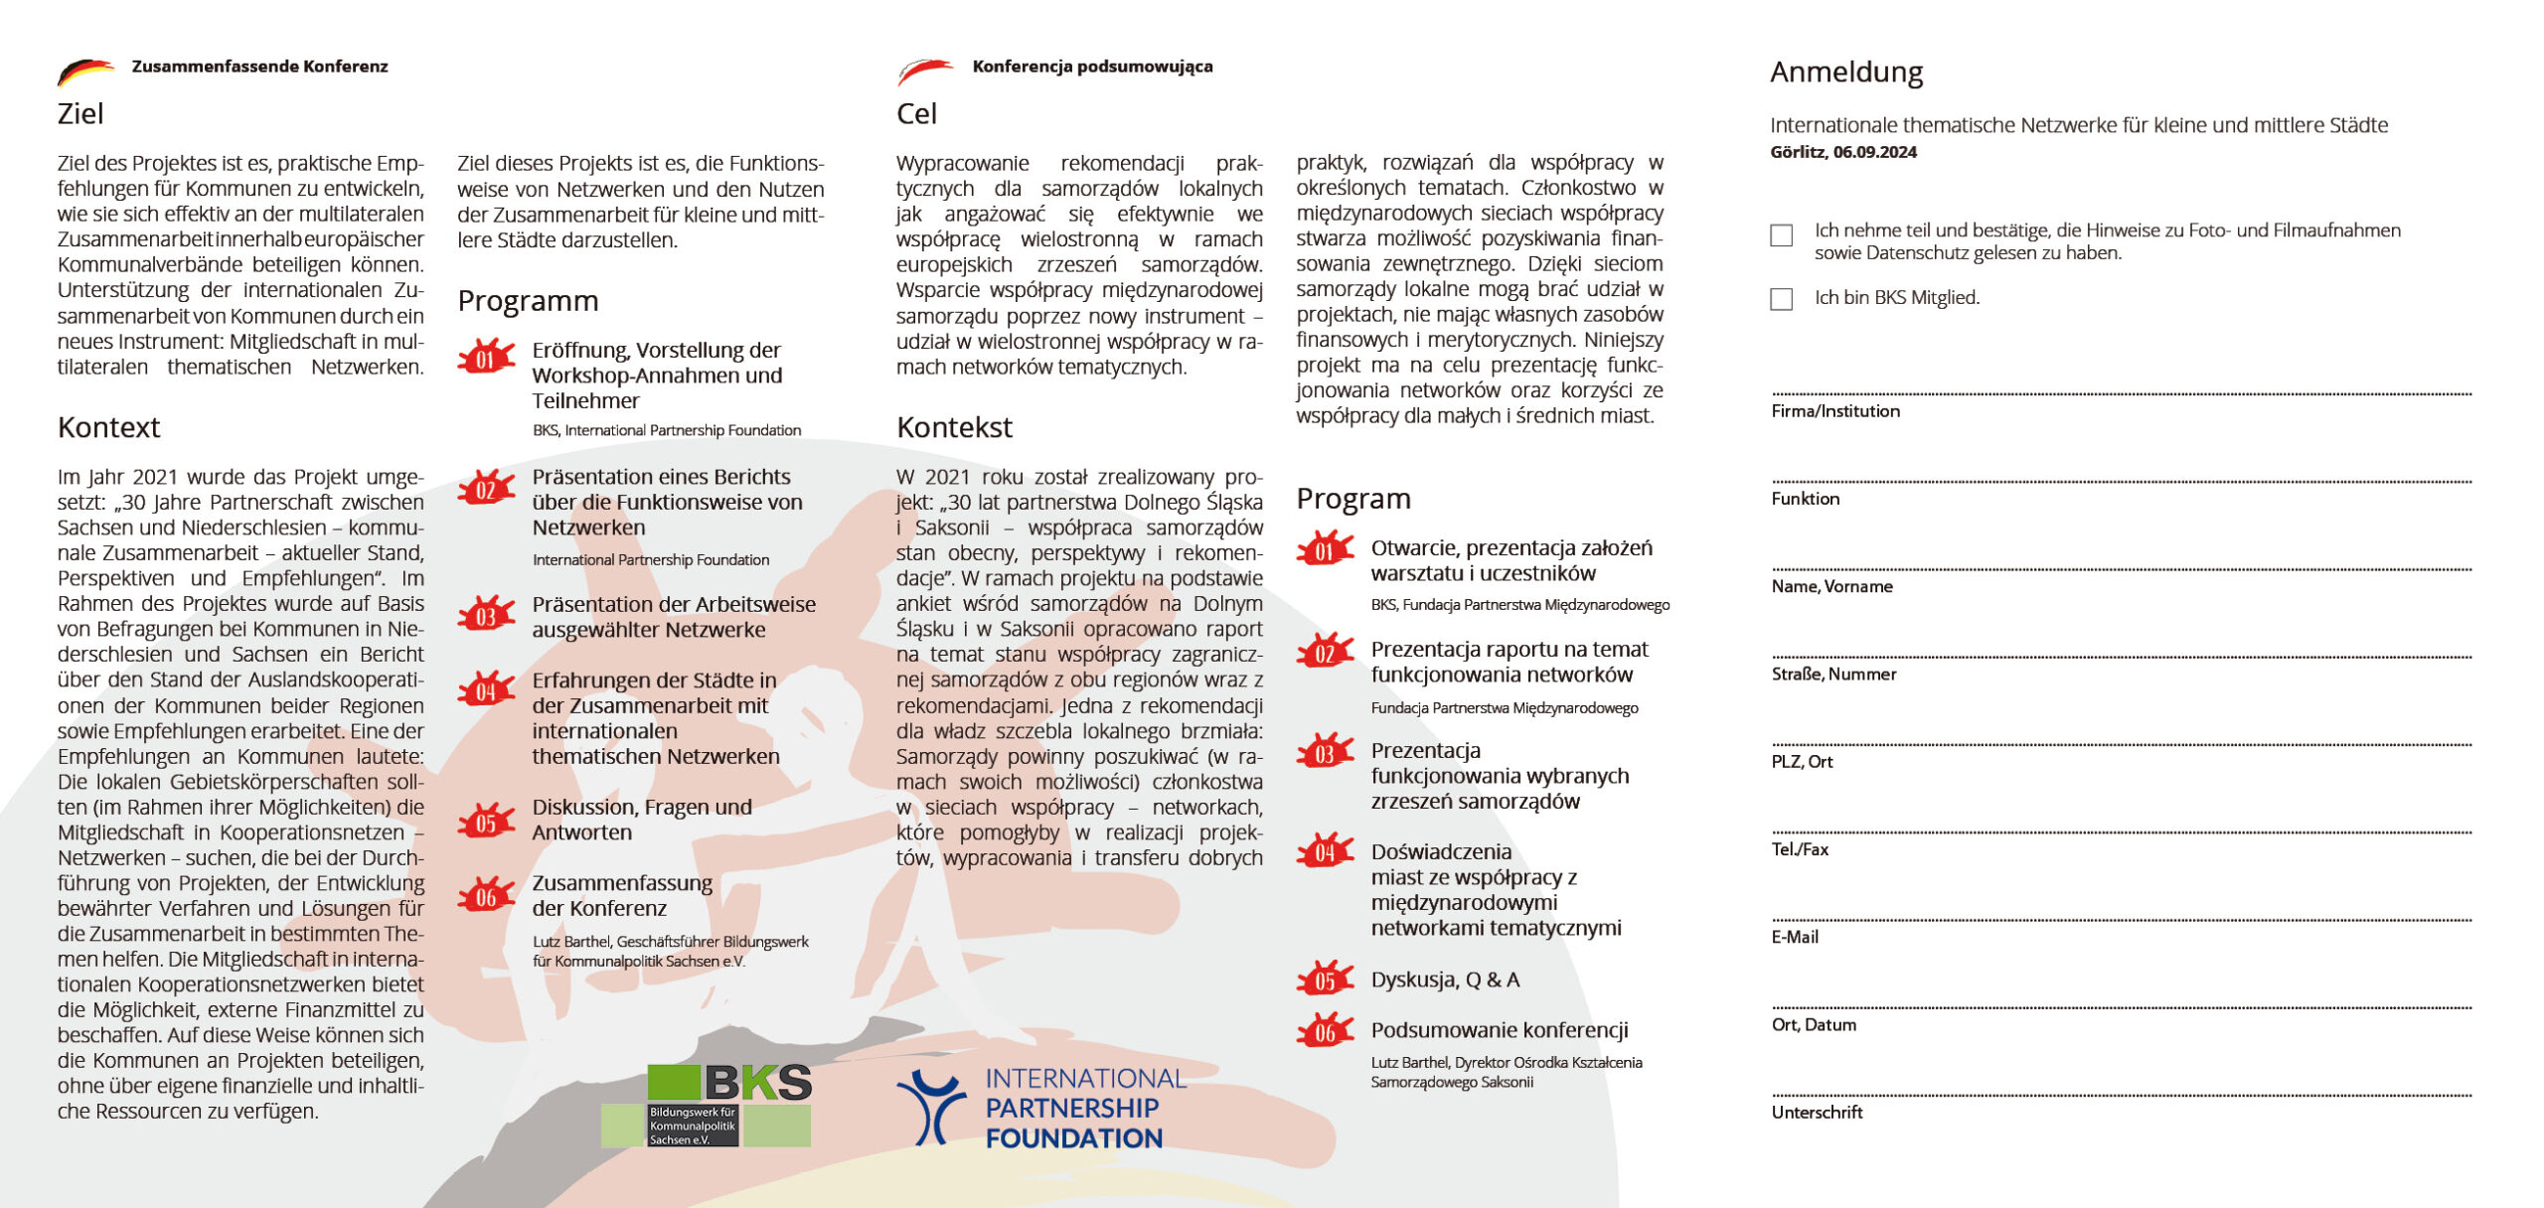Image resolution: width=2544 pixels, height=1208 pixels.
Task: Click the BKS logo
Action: pyautogui.click(x=707, y=1105)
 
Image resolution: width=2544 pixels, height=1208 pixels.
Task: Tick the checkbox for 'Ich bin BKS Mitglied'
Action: pyautogui.click(x=1781, y=299)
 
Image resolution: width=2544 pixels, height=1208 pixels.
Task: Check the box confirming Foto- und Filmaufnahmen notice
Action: pyautogui.click(x=1781, y=235)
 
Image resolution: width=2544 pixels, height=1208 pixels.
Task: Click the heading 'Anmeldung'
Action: pyautogui.click(x=1845, y=73)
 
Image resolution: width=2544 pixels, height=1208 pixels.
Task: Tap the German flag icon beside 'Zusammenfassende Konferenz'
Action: pyautogui.click(x=85, y=71)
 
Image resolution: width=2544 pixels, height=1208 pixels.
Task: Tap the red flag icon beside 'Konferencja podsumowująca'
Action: pyautogui.click(x=925, y=71)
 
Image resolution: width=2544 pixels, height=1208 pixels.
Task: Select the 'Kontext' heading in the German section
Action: pyautogui.click(x=108, y=427)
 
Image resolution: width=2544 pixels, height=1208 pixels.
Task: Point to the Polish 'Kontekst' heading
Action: pyautogui.click(x=954, y=427)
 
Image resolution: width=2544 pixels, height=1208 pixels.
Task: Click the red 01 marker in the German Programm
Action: pyautogui.click(x=485, y=358)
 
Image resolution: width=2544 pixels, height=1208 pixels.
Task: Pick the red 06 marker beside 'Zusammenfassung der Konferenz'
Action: pyautogui.click(x=485, y=896)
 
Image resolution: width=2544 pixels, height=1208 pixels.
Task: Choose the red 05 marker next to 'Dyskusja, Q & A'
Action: pyautogui.click(x=1325, y=981)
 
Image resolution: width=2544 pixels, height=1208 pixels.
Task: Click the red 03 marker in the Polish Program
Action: pyautogui.click(x=1325, y=753)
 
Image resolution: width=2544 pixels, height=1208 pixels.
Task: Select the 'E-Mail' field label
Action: pyautogui.click(x=1795, y=937)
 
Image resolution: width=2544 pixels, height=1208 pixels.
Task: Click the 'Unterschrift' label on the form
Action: pyautogui.click(x=1817, y=1113)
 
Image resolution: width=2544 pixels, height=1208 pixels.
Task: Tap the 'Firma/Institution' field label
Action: pyautogui.click(x=1834, y=411)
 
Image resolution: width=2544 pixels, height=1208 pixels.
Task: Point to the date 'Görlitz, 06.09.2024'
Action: pyautogui.click(x=1842, y=152)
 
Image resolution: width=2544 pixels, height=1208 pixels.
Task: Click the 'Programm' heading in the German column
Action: pyautogui.click(x=528, y=301)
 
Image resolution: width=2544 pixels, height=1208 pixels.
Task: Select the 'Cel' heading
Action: pyautogui.click(x=916, y=114)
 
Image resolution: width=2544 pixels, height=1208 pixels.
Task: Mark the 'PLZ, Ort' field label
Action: pyautogui.click(x=1802, y=762)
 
